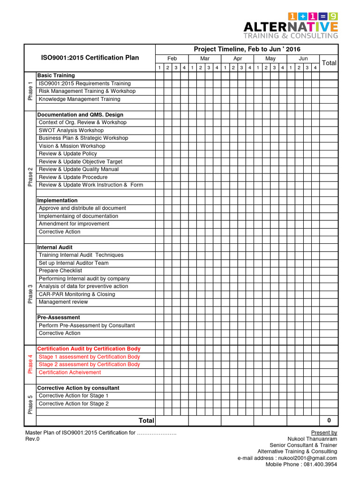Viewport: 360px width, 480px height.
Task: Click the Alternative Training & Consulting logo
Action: tap(290, 26)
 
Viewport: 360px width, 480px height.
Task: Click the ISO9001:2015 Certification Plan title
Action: tap(90, 58)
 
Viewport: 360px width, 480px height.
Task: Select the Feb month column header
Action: tap(172, 59)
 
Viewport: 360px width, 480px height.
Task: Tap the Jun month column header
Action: tap(303, 59)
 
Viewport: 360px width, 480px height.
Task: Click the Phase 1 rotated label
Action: tap(30, 91)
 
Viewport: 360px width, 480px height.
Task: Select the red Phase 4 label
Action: tap(30, 364)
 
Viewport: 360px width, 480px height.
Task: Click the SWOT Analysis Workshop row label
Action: tap(71, 130)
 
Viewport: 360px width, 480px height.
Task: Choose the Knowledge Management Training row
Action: tap(79, 99)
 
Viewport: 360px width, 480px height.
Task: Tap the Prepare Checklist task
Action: tap(60, 271)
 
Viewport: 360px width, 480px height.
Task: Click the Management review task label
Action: tap(63, 302)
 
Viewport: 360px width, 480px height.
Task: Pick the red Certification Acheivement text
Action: tap(70, 372)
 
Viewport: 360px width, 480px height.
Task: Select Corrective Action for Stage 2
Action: tap(74, 404)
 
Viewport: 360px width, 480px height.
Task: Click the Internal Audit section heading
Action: tap(55, 247)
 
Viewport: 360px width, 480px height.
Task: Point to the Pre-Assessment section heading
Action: tap(59, 317)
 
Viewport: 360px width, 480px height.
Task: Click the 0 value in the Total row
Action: tap(329, 420)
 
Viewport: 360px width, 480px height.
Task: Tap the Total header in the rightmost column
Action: tap(329, 63)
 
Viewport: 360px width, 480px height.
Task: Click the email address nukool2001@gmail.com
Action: tap(307, 458)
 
